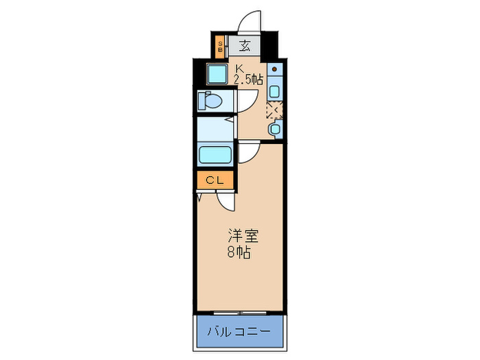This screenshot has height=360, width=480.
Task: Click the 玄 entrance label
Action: pyautogui.click(x=245, y=47)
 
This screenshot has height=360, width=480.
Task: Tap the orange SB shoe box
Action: pyautogui.click(x=219, y=47)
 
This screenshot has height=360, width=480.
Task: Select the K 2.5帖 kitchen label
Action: pyautogui.click(x=248, y=74)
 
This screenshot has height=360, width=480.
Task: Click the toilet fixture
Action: pyautogui.click(x=210, y=101)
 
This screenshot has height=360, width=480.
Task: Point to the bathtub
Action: pyautogui.click(x=215, y=155)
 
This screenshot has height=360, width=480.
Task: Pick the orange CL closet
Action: pyautogui.click(x=215, y=180)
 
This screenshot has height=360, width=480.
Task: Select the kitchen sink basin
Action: pyautogui.click(x=274, y=91)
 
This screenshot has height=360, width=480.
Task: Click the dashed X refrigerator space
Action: pyautogui.click(x=273, y=110)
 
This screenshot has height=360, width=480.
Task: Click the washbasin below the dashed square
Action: pyautogui.click(x=275, y=128)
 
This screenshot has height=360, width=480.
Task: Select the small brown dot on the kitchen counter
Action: pyautogui.click(x=274, y=70)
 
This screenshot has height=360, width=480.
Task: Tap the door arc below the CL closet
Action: pyautogui.click(x=225, y=200)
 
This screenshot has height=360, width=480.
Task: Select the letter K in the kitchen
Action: pyautogui.click(x=240, y=68)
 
